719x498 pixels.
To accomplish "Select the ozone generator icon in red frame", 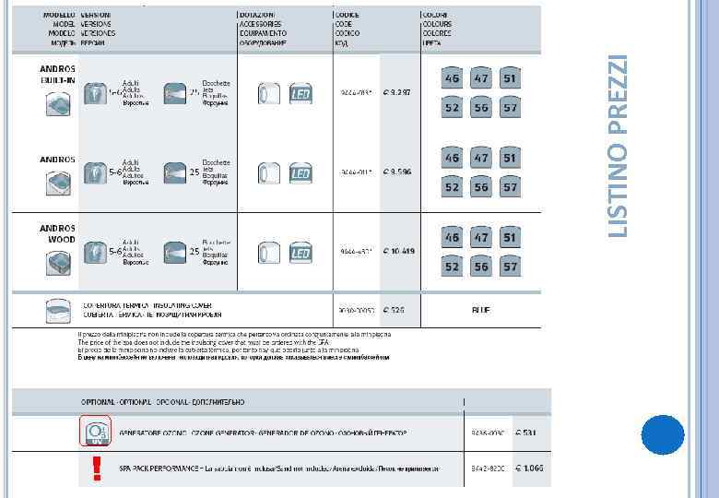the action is coord(95,432).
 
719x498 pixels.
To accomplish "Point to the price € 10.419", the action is coord(399,251).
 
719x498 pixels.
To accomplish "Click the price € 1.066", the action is coord(529,468).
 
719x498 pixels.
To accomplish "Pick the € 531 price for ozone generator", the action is coord(526,432).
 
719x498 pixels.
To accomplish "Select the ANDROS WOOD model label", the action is coord(57,232).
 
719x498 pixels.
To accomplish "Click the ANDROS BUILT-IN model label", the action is coord(57,75).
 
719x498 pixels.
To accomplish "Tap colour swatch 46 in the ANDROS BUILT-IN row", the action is coord(452,79).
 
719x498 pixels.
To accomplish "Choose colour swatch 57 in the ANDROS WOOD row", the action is coord(510,267).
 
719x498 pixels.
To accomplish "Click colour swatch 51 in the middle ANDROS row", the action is coord(510,158).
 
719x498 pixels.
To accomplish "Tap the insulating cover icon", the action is coord(58,309).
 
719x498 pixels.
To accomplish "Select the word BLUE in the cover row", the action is coord(481,310).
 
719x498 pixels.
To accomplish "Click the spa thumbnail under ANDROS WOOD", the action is coord(58,263).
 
